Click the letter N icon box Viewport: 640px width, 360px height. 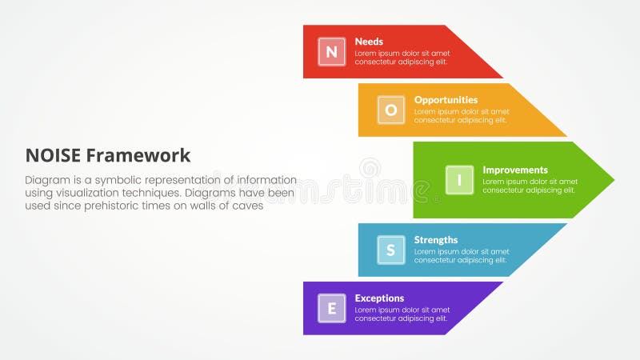pos(331,52)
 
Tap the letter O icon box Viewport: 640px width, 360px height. pos(390,110)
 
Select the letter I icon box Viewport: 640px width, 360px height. pos(459,180)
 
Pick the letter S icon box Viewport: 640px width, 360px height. pos(390,250)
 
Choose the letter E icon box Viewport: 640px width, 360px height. pos(331,308)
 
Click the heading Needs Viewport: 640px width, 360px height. pos(369,42)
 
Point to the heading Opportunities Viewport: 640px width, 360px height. pos(446,100)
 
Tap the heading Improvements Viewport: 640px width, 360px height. pos(514,170)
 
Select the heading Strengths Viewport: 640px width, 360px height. pos(436,239)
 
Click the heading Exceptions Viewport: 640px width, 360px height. pos(380,298)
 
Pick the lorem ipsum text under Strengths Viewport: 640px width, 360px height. pos(461,255)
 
